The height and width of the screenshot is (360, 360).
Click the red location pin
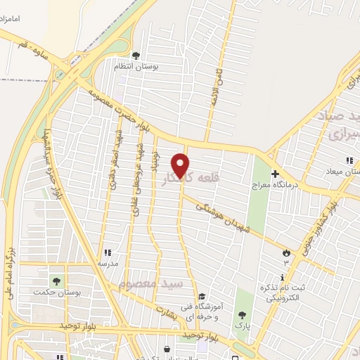pos(181,165)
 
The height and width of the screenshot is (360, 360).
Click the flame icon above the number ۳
pos(285,252)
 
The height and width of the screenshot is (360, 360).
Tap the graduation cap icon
pos(202,297)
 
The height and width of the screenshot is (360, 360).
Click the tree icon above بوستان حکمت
pos(56,281)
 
